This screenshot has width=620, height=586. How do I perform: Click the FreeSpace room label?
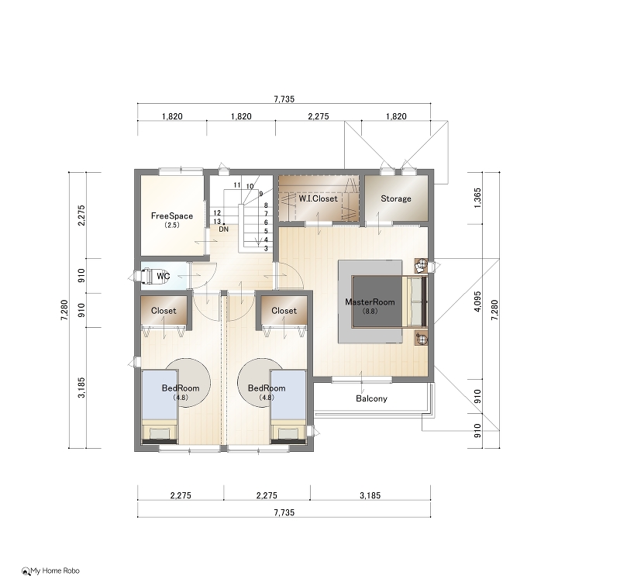pyautogui.click(x=172, y=216)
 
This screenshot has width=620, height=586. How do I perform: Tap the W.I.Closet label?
pyautogui.click(x=318, y=198)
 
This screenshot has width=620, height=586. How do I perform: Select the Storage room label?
pyautogui.click(x=396, y=198)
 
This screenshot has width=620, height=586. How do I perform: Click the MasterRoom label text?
pyautogui.click(x=370, y=302)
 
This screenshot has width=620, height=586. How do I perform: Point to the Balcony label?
pyautogui.click(x=371, y=398)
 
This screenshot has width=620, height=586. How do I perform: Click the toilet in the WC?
pyautogui.click(x=144, y=276)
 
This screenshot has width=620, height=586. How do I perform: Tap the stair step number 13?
pyautogui.click(x=217, y=222)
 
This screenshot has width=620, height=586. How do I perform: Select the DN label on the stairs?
pyautogui.click(x=224, y=229)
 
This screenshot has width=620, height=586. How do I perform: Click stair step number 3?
pyautogui.click(x=266, y=249)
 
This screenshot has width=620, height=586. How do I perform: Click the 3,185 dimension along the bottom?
pyautogui.click(x=370, y=495)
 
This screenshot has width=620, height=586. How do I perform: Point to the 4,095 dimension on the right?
pyautogui.click(x=477, y=302)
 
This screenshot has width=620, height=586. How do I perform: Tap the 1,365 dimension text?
pyautogui.click(x=477, y=198)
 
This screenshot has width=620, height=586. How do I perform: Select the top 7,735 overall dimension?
pyautogui.click(x=284, y=99)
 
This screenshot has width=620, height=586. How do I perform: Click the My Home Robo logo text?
pyautogui.click(x=55, y=571)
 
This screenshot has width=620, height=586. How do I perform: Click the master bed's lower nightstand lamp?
pyautogui.click(x=422, y=339)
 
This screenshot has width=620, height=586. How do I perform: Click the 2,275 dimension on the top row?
pyautogui.click(x=319, y=116)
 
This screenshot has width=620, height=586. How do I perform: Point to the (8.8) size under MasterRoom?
pyautogui.click(x=370, y=311)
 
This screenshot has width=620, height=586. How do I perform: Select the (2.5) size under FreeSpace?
pyautogui.click(x=172, y=226)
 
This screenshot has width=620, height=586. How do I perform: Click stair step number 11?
pyautogui.click(x=237, y=185)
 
